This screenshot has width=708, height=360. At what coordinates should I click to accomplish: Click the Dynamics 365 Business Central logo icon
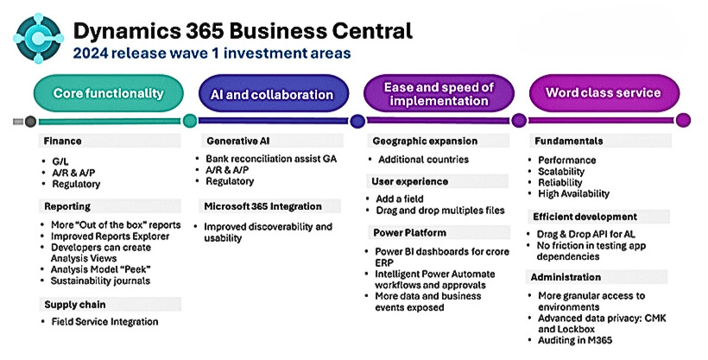point(38,38)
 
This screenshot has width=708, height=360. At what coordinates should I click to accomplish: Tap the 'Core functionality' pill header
point(109,93)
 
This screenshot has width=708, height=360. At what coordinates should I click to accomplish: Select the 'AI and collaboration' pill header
point(273,94)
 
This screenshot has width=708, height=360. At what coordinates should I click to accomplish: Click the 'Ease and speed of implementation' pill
point(439,94)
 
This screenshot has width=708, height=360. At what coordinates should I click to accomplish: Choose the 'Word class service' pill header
point(604,93)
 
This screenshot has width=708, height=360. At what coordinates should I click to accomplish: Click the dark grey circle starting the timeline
point(30,121)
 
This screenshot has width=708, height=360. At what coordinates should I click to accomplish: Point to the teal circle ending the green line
point(190,121)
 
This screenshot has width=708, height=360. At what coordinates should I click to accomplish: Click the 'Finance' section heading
point(62,141)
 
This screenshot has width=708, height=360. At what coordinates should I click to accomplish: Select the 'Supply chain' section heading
point(75,305)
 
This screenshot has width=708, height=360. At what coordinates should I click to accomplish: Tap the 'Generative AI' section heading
point(238,141)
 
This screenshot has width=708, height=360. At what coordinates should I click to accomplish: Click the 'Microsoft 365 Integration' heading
point(262,206)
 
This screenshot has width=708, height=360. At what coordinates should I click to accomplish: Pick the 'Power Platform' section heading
point(409,232)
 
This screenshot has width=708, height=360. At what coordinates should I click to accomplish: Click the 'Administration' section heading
point(566,277)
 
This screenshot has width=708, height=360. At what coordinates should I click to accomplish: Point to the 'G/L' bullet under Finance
point(60,161)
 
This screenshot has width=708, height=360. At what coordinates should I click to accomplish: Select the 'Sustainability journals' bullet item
point(100,281)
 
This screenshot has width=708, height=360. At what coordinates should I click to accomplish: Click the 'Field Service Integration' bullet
point(104,322)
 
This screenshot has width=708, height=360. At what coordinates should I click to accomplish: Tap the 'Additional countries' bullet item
point(424,160)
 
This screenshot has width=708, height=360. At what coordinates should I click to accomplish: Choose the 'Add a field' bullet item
point(400,199)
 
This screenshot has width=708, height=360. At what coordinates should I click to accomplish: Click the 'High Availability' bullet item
point(573,193)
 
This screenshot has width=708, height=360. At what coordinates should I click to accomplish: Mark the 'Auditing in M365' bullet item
point(575,340)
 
